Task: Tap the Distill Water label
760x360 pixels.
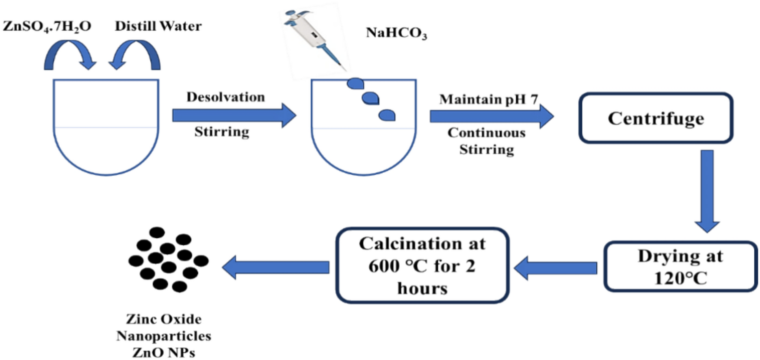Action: click(x=158, y=26)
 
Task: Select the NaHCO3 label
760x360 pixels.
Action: click(x=396, y=33)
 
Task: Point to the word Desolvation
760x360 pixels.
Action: click(x=225, y=97)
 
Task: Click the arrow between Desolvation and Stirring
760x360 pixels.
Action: click(x=234, y=115)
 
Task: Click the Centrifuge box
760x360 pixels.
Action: click(x=656, y=118)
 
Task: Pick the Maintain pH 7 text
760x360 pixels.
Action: click(x=488, y=100)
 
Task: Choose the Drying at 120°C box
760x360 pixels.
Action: click(x=680, y=267)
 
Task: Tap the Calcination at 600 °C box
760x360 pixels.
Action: click(x=422, y=265)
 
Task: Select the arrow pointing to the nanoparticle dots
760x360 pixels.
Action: click(x=276, y=267)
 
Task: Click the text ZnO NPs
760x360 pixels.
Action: click(x=164, y=352)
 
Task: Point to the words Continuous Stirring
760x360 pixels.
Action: click(x=486, y=141)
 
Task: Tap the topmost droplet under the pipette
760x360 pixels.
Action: click(x=355, y=83)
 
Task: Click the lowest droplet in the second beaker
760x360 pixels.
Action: click(x=387, y=115)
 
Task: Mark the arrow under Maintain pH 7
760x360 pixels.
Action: click(x=492, y=116)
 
